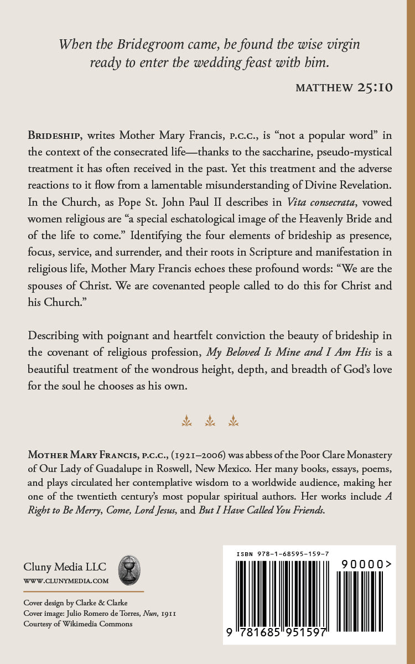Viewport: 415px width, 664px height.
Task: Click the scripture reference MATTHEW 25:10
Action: click(x=344, y=88)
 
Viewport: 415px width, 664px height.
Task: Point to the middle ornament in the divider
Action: click(x=210, y=421)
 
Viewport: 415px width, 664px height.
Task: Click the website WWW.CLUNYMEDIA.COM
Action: click(x=66, y=581)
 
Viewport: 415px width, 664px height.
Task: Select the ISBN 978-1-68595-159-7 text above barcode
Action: click(x=283, y=554)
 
